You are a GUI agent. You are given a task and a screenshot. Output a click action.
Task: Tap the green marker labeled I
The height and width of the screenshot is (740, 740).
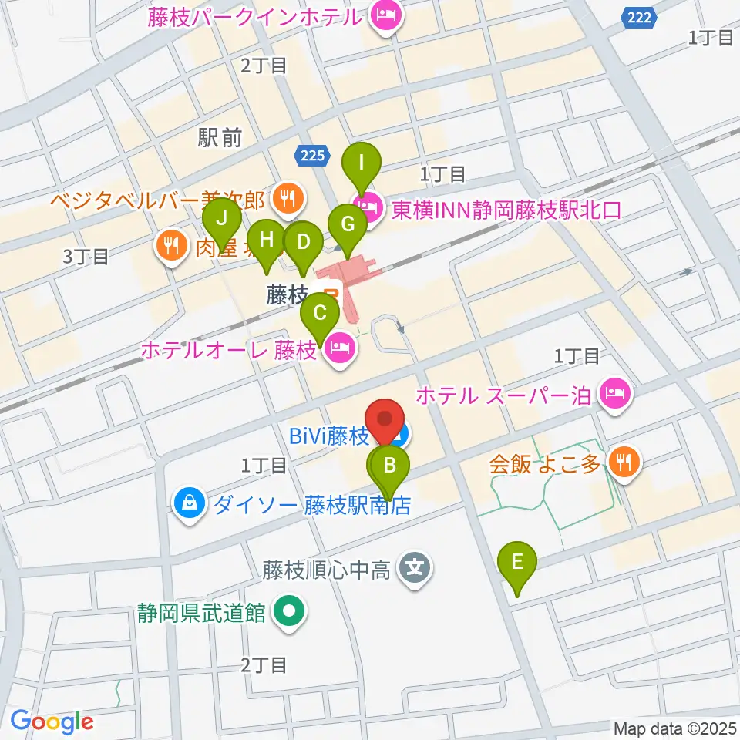click(x=362, y=163)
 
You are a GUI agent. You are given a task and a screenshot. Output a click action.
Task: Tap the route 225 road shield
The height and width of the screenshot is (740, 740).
click(x=313, y=156)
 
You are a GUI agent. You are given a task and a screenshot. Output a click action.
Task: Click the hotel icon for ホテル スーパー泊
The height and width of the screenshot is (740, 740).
click(x=617, y=395)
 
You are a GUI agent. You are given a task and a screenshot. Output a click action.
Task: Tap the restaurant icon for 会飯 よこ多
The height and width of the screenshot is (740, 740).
click(x=621, y=463)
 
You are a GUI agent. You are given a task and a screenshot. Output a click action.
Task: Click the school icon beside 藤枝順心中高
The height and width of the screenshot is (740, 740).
click(x=415, y=571)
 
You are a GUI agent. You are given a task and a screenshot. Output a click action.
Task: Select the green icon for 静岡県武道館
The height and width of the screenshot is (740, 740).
click(x=290, y=614)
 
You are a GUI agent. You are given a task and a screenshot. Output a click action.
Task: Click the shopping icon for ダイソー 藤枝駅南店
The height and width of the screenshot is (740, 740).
click(x=189, y=505)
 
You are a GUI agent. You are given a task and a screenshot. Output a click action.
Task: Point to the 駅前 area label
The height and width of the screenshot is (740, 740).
click(x=220, y=138)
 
